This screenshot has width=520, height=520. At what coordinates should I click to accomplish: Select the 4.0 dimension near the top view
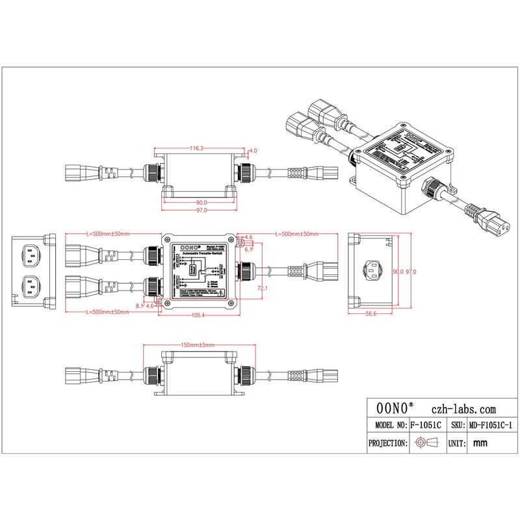[253, 150]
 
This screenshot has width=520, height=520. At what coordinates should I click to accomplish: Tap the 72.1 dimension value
[263, 287]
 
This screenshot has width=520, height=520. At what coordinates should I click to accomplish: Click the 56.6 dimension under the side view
[371, 313]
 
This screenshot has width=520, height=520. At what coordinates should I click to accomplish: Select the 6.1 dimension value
[249, 249]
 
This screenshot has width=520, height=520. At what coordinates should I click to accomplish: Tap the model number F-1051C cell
[426, 425]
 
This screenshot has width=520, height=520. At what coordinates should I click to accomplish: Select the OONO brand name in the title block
[395, 409]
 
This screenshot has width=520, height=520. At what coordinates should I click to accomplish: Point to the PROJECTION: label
[388, 443]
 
